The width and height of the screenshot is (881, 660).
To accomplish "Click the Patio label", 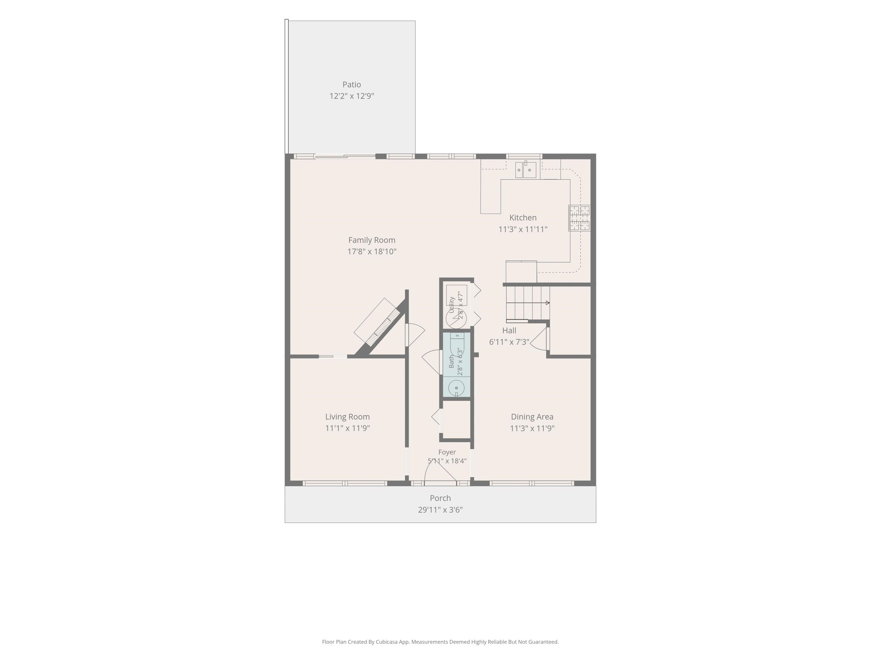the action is (x=352, y=84).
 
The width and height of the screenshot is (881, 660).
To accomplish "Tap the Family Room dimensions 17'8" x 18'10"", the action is (x=372, y=251).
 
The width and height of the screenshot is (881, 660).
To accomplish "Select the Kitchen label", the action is (x=523, y=218).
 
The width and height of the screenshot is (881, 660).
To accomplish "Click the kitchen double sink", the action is (x=526, y=170).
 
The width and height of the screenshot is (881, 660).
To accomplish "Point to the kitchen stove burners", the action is (x=580, y=218).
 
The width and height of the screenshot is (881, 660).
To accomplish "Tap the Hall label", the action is (x=509, y=331).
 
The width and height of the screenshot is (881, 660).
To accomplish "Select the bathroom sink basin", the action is (x=456, y=388).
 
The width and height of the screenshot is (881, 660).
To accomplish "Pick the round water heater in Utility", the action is (x=456, y=318).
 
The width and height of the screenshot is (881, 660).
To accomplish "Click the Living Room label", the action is (x=347, y=417).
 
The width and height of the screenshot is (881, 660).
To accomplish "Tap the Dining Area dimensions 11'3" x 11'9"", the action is (x=532, y=428).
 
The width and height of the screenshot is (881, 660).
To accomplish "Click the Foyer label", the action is (x=447, y=452).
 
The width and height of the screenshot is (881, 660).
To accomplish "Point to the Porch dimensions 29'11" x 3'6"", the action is (x=440, y=510).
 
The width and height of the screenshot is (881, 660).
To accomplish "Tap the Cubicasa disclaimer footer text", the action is (x=440, y=641).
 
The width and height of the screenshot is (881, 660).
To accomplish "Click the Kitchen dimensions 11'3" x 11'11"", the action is (x=523, y=229).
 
